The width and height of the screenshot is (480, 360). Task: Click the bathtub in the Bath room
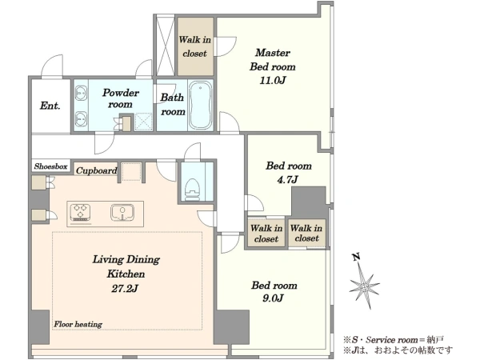point(200,105)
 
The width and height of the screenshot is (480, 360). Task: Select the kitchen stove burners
point(80,212)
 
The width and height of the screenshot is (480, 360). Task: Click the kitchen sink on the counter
point(122,212)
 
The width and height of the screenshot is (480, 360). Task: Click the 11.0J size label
point(273,81)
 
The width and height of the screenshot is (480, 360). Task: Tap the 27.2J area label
point(125,288)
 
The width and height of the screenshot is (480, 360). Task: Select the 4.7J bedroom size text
point(287,179)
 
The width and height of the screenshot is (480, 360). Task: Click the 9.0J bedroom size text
point(273,298)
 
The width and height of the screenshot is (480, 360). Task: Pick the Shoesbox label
point(51,166)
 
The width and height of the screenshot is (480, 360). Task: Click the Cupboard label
point(97,170)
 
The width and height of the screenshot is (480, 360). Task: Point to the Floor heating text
point(78,324)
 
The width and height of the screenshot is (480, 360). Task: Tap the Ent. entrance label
point(50,106)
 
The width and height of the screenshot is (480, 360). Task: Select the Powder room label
point(121,98)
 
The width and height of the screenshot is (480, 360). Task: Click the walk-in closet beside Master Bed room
point(196,46)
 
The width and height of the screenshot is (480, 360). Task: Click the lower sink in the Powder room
point(81,118)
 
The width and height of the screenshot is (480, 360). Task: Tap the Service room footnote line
point(394,339)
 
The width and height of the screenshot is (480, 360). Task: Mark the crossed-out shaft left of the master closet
point(166,46)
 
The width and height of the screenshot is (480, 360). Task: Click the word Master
point(273,53)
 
